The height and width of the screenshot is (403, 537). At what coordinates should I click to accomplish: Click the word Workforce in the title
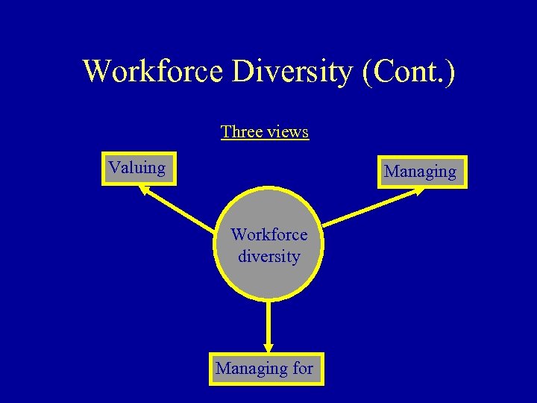[x=154, y=71]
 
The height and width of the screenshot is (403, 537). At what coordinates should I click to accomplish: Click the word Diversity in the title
[x=292, y=71]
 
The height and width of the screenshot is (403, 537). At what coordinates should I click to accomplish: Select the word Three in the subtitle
[x=241, y=132]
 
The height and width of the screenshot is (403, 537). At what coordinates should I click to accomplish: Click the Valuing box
[x=139, y=169]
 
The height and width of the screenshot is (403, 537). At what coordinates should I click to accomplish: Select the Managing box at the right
[x=421, y=172]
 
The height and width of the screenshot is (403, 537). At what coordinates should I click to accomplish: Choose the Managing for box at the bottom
[x=266, y=369]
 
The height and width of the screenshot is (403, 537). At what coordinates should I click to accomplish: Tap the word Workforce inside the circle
[x=268, y=234]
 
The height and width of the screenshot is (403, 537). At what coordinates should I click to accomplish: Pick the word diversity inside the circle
[x=268, y=256]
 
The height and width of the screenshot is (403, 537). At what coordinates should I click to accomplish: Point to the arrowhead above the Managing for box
[x=268, y=347]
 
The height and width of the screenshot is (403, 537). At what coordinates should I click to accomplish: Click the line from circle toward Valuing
[x=179, y=210]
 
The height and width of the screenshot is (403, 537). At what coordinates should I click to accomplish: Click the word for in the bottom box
[x=304, y=368]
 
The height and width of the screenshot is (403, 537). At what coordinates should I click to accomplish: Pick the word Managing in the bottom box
[x=251, y=368]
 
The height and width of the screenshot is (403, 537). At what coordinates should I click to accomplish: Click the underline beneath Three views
[x=264, y=140]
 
